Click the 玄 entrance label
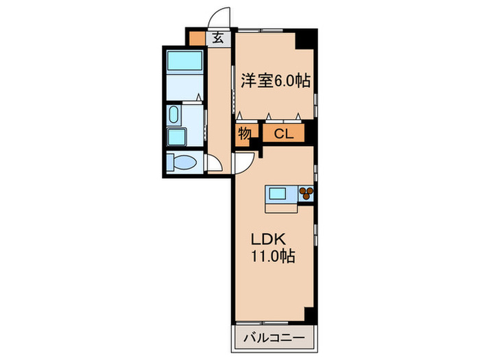(217, 38)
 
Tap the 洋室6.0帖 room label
(275, 80)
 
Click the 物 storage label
(243, 134)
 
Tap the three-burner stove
(306, 194)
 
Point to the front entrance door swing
(220, 17)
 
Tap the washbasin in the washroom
(174, 114)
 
